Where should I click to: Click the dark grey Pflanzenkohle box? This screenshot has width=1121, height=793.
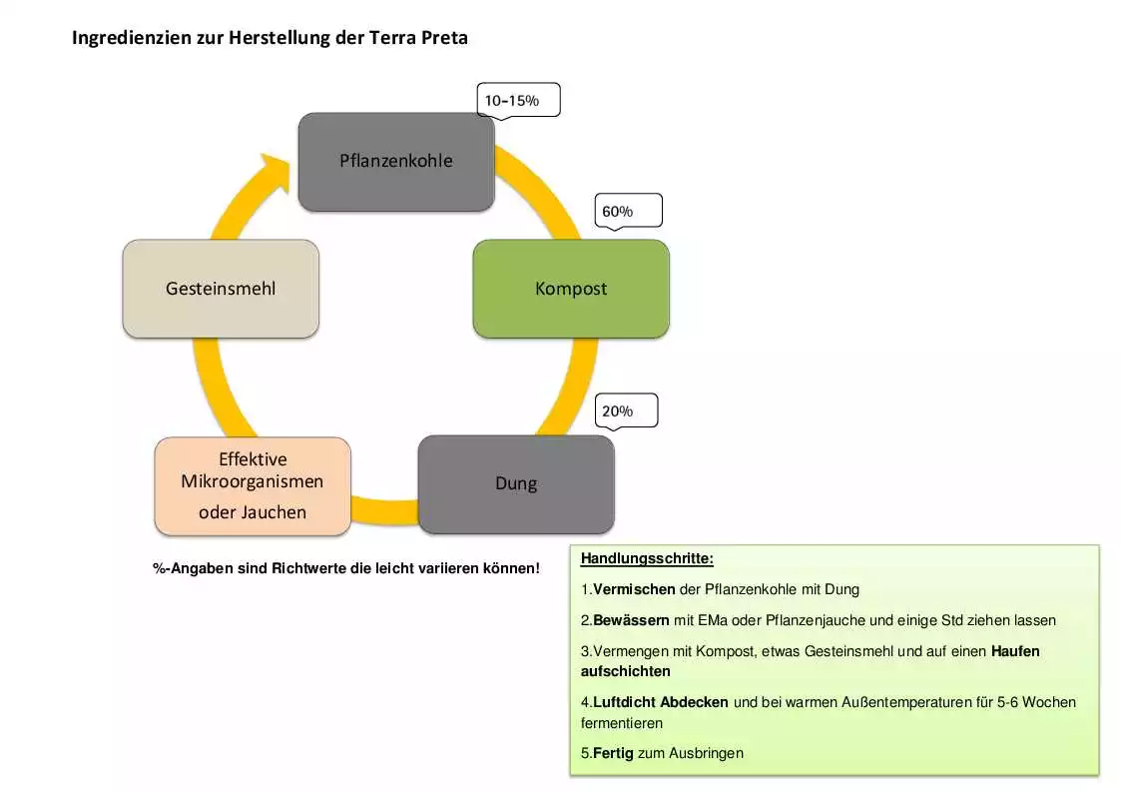tap(396, 161)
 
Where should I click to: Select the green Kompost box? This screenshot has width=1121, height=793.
tap(571, 289)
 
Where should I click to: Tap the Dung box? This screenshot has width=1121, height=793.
tap(516, 483)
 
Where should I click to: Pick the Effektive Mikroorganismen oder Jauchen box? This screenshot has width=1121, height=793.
tap(253, 485)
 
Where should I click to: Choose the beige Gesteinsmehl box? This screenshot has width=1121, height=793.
tap(221, 289)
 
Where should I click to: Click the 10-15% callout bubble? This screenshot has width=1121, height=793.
tap(518, 100)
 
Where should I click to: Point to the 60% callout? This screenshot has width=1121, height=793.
tap(628, 211)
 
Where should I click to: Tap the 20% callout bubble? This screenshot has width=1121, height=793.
tap(626, 409)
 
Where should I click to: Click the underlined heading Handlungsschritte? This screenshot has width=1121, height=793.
tap(647, 558)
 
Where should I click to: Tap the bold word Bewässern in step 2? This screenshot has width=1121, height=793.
tap(631, 620)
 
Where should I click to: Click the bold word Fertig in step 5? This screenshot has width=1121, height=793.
tap(613, 753)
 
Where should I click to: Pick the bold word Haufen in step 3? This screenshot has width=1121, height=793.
tap(1015, 651)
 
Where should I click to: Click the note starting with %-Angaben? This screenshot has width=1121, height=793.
tap(345, 568)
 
